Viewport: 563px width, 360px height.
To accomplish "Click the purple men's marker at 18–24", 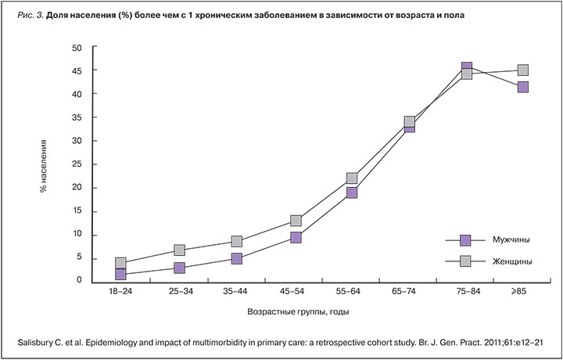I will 120,274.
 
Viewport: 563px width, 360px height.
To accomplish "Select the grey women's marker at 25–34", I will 179,250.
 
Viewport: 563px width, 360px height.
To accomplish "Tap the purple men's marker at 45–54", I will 296,237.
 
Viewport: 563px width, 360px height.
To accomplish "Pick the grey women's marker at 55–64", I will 352,178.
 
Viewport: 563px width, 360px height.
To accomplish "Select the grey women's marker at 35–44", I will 237,242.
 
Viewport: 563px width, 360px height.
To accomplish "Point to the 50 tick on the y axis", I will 77,47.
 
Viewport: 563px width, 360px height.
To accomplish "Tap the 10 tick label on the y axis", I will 77,235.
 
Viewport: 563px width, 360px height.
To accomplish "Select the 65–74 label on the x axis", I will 409,291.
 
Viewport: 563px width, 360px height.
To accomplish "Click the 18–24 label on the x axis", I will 120,291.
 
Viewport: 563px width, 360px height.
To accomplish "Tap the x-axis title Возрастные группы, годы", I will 298,311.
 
